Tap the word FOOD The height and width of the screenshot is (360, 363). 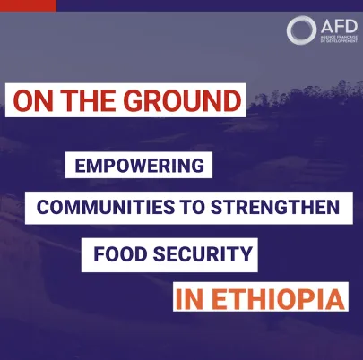[115, 255]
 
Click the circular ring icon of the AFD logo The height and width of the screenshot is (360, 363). [299, 30]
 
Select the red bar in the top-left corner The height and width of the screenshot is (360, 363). [28, 4]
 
